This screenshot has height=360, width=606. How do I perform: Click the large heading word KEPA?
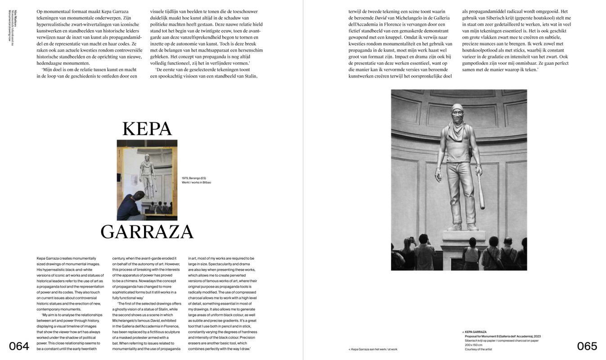point(147,129)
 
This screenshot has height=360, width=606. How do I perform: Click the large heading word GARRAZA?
point(147,232)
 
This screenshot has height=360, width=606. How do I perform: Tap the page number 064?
point(19,346)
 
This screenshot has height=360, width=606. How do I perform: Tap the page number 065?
point(587,346)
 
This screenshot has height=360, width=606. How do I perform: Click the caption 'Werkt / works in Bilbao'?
point(196,183)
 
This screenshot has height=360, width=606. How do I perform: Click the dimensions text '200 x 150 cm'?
point(473,345)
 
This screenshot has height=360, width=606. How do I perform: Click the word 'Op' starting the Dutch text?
point(40,11)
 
